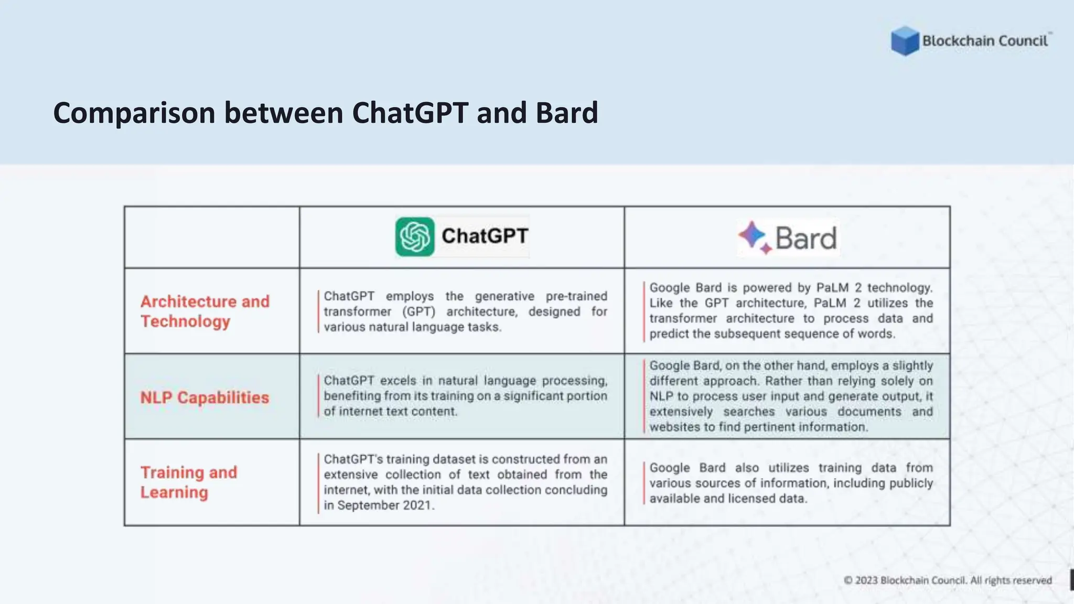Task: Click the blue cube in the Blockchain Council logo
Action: pos(905,41)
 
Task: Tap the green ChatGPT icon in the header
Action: pos(415,237)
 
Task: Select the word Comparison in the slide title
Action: pos(134,113)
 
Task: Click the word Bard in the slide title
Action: pos(566,113)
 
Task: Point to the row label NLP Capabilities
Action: pos(205,397)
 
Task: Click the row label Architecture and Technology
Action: pos(205,311)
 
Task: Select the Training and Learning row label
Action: pos(189,482)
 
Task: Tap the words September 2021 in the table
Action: pos(385,505)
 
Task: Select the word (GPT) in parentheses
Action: pos(419,312)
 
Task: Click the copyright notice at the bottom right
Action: pos(948,580)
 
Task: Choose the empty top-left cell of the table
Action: pos(212,237)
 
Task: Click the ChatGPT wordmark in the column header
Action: pos(485,236)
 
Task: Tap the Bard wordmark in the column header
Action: pos(805,239)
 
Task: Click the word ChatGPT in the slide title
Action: pos(410,113)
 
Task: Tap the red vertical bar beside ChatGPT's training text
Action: pos(318,483)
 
